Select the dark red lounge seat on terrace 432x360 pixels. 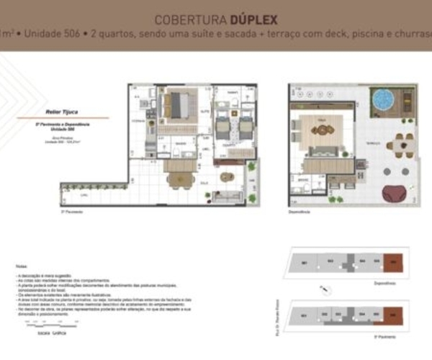[x=395, y=193]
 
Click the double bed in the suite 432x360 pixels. [x=176, y=107]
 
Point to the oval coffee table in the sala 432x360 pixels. [x=228, y=176]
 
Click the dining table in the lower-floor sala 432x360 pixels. [x=179, y=174]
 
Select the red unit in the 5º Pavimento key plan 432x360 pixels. [x=392, y=315]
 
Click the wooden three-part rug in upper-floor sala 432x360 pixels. [x=333, y=132]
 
